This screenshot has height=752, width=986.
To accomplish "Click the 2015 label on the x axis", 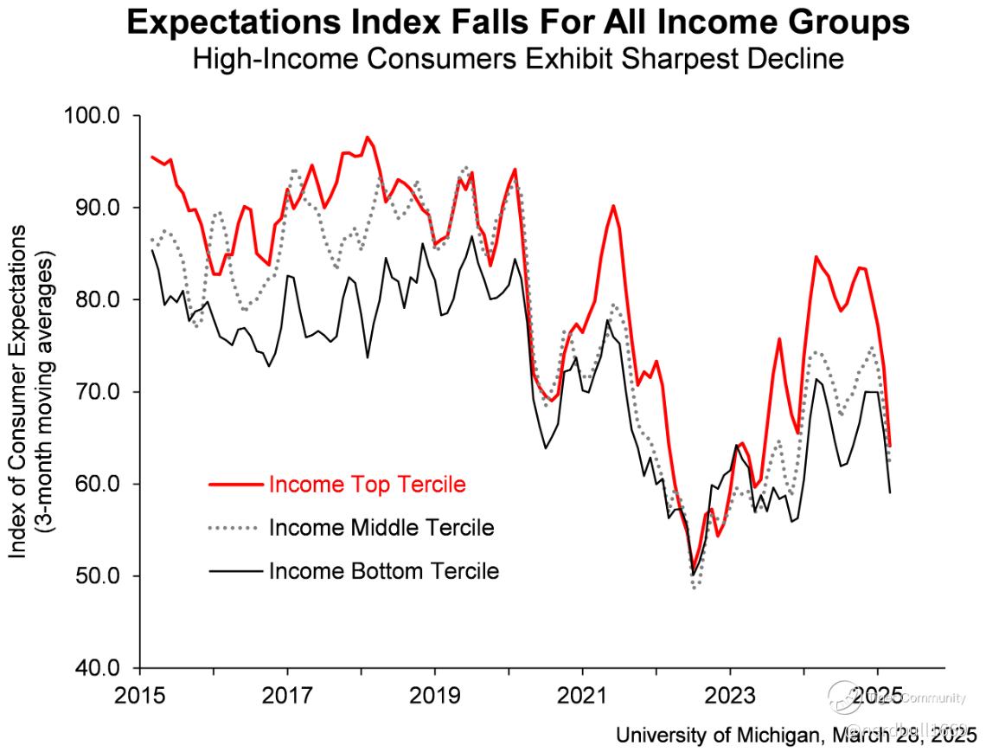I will (x=140, y=695).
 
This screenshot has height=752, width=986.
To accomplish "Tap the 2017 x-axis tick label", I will (x=287, y=695).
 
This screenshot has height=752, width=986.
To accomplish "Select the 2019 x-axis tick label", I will (x=435, y=695).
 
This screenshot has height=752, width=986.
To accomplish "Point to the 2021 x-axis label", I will (x=582, y=695).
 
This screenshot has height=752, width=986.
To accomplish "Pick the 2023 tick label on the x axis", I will (x=730, y=695).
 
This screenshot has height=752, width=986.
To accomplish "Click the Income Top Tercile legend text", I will (x=368, y=484).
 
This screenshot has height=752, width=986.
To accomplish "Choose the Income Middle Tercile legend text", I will (x=381, y=527).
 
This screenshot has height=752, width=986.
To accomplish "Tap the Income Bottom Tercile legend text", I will (x=384, y=571).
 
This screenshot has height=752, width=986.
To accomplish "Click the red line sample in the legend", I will (x=234, y=485).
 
